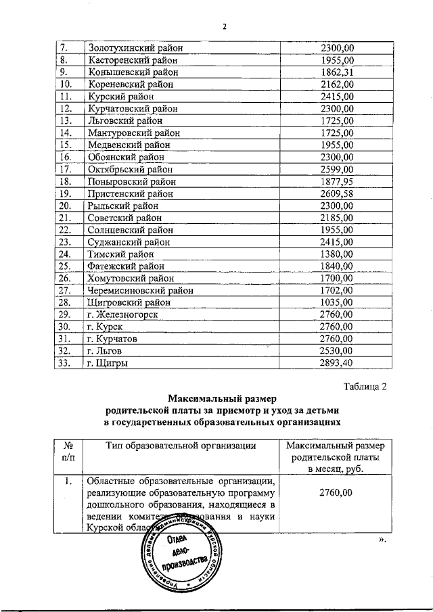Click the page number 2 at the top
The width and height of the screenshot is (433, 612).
[x=225, y=27]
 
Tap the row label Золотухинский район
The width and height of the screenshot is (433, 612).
[x=135, y=48]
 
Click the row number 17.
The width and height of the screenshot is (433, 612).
[x=66, y=169]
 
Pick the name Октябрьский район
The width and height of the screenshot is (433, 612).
[x=129, y=169]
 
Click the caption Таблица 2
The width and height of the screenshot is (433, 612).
[x=365, y=387]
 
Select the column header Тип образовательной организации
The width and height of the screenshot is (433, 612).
[x=181, y=445]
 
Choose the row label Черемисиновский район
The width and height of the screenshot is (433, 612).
[x=140, y=290]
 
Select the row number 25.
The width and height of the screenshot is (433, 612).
[x=66, y=266]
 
